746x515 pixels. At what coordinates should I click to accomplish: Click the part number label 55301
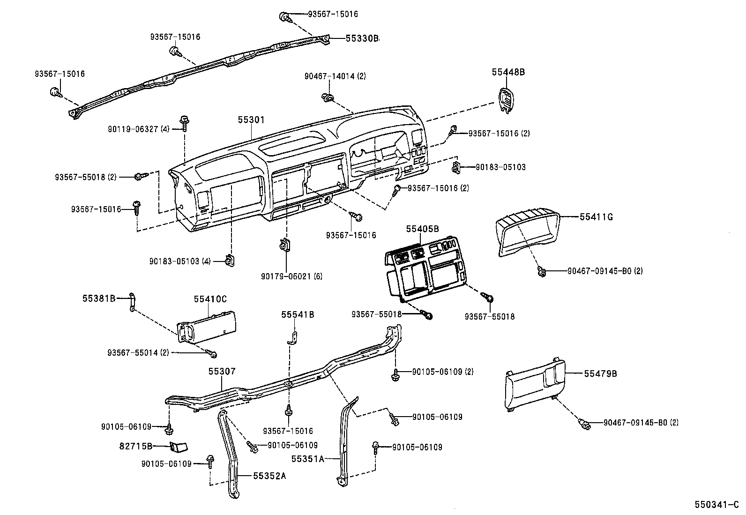pos(251,120)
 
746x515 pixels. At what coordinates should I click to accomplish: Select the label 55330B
pos(362,39)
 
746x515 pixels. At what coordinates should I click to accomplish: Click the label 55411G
pos(596,217)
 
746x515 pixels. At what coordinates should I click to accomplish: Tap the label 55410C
pos(210,299)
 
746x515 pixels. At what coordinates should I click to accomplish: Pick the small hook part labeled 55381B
pos(133,302)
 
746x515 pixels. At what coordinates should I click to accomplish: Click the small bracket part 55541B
pos(292,338)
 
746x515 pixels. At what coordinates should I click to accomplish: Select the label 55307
pos(222,372)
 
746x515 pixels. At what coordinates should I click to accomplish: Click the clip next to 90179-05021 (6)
pos(284,246)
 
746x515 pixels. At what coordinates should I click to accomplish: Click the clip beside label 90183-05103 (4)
pos(230,260)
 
